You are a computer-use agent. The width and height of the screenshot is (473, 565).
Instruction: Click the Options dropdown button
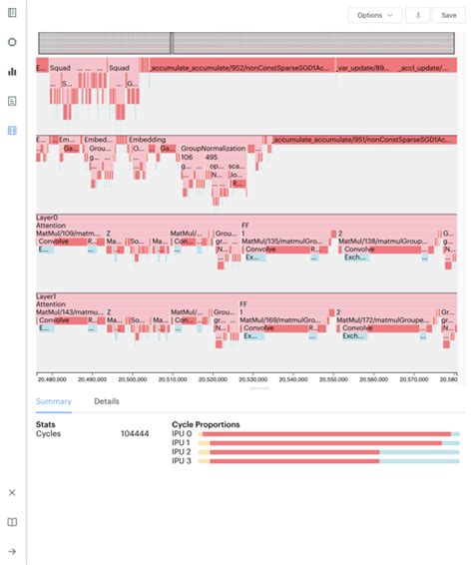pyautogui.click(x=375, y=15)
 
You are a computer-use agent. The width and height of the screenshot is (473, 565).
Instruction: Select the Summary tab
pyautogui.click(x=54, y=401)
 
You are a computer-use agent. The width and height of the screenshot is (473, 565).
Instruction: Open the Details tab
pyautogui.click(x=107, y=401)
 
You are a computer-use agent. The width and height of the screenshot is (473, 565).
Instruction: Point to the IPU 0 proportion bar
pyautogui.click(x=329, y=434)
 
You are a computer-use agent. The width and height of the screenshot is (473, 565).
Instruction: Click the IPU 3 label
pyautogui.click(x=182, y=460)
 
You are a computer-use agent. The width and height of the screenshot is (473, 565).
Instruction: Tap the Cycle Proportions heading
pyautogui.click(x=206, y=424)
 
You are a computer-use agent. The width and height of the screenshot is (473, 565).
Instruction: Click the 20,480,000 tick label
pyautogui.click(x=51, y=379)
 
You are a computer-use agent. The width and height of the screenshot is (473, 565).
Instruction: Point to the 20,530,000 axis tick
pyautogui.click(x=253, y=379)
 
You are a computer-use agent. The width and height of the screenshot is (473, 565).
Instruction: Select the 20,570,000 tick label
pyautogui.click(x=415, y=379)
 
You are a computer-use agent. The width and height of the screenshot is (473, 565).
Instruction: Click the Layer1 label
pyautogui.click(x=48, y=296)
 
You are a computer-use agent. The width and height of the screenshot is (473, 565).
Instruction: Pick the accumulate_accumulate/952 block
pyautogui.click(x=239, y=68)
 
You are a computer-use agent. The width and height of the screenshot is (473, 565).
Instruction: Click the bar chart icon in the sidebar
pyautogui.click(x=12, y=72)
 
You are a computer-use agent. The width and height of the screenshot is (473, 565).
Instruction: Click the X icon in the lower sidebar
pyautogui.click(x=12, y=493)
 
